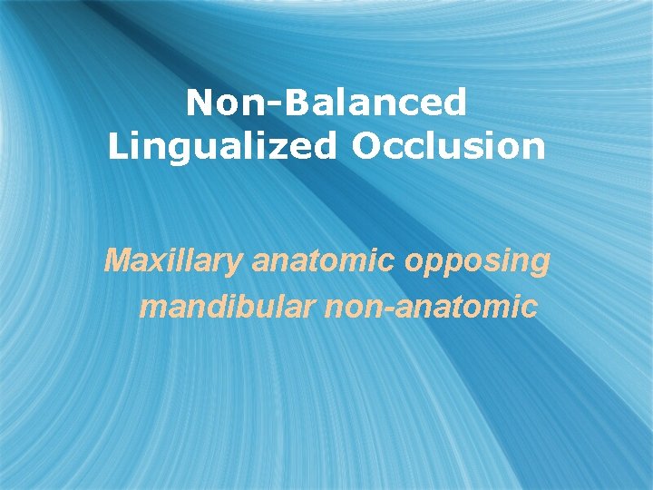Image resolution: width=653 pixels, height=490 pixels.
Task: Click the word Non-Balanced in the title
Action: (x=326, y=103)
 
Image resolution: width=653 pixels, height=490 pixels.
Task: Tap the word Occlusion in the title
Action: (x=448, y=146)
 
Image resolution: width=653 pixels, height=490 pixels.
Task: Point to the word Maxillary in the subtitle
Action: (x=173, y=262)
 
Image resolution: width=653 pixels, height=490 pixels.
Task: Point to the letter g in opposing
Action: (x=541, y=266)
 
